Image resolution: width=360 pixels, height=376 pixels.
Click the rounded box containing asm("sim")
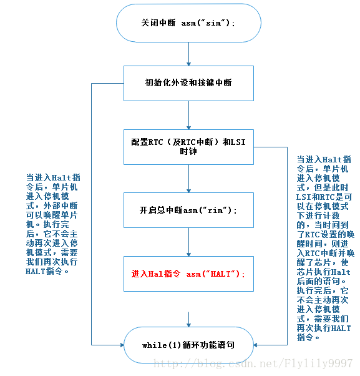click(188, 23)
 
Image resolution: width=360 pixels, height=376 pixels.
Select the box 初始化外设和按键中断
click(188, 82)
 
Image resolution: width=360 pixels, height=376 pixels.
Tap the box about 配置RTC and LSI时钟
click(188, 147)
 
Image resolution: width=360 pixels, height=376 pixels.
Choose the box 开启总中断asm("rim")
click(188, 210)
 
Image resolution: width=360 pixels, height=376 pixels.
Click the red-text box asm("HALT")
click(188, 274)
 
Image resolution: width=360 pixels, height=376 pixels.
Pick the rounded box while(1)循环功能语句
click(188, 345)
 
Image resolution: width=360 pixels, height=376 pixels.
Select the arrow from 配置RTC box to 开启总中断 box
click(188, 179)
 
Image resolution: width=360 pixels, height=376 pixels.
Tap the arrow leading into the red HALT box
click(188, 242)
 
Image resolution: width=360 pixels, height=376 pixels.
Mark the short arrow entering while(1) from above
click(188, 319)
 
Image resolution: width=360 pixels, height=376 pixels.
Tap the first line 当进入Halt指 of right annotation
click(323, 159)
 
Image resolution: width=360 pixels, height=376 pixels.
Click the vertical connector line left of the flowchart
click(92, 212)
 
